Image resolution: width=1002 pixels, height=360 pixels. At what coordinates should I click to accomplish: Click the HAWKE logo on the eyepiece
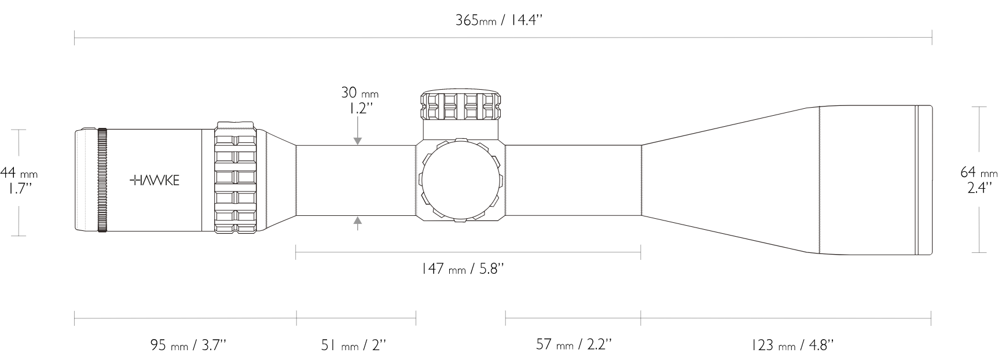click(x=155, y=180)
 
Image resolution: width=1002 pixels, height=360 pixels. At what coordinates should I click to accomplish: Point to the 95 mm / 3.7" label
click(x=188, y=346)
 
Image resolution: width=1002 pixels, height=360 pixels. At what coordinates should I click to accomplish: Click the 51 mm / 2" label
click(x=354, y=346)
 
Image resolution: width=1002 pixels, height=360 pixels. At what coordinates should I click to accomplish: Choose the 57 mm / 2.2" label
click(x=574, y=346)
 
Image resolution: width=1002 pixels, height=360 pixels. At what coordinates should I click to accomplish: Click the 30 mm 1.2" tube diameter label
click(x=359, y=100)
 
